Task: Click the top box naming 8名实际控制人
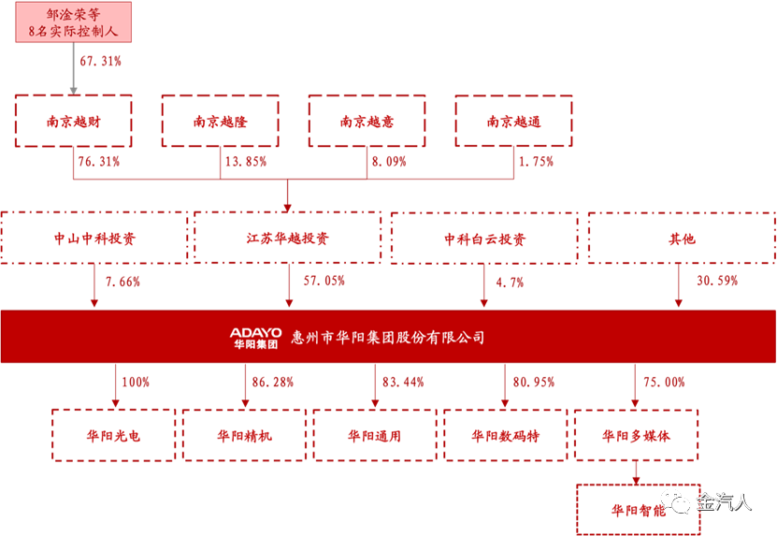click(x=73, y=22)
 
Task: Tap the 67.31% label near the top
click(x=100, y=62)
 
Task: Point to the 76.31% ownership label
click(x=97, y=162)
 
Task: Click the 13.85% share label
click(x=245, y=162)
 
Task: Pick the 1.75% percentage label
click(x=535, y=162)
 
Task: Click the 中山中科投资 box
click(x=94, y=239)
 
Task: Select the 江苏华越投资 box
click(x=288, y=239)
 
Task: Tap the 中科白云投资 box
click(x=484, y=239)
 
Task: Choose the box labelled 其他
click(x=681, y=239)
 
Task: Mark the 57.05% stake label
click(x=324, y=281)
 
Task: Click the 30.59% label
click(x=717, y=281)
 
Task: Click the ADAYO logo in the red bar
click(x=255, y=337)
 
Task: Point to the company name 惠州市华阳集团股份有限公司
click(x=388, y=338)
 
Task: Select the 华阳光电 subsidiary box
click(x=113, y=435)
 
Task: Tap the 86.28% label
click(x=272, y=382)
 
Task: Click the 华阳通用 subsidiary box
click(x=374, y=435)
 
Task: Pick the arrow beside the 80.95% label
click(x=505, y=385)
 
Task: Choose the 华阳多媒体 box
click(x=636, y=435)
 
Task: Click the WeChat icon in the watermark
click(x=676, y=502)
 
